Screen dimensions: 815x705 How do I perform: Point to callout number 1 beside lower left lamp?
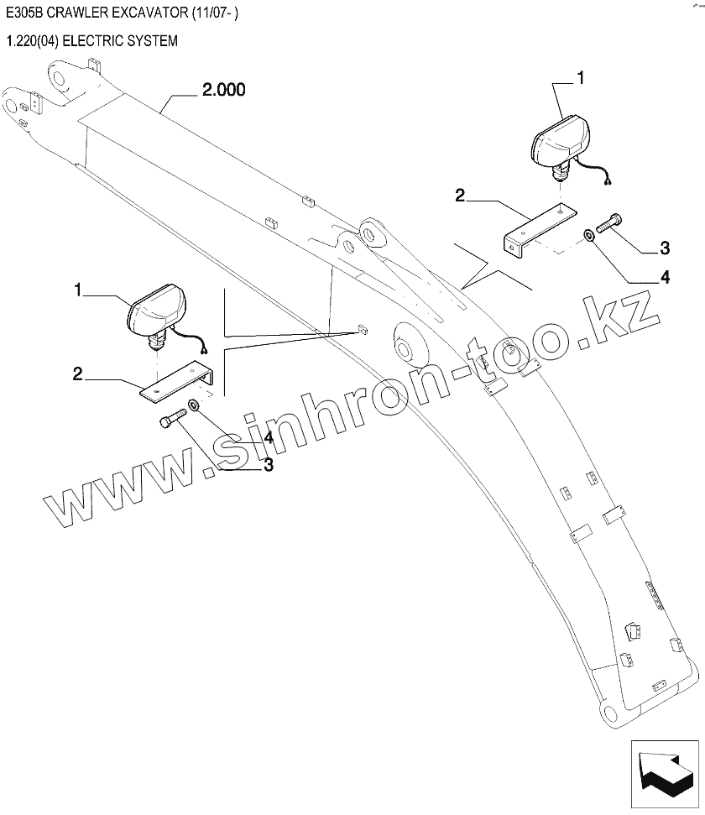tap(78, 290)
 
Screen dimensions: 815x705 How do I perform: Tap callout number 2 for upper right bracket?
tap(459, 196)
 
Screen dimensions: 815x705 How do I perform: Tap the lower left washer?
tap(194, 405)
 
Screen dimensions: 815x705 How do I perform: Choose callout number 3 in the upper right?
tap(665, 248)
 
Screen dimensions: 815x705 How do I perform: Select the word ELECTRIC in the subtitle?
tap(103, 40)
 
